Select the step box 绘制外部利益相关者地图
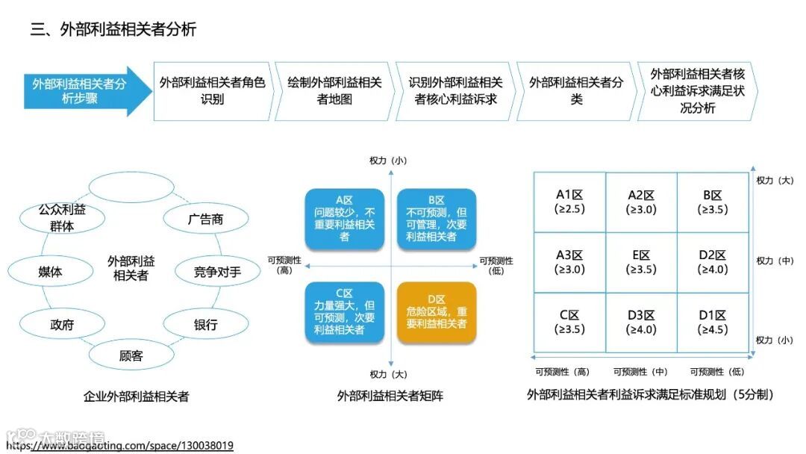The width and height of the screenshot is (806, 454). (334, 91)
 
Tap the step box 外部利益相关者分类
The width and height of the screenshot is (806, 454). (576, 91)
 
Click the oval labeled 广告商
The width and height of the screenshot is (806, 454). (205, 220)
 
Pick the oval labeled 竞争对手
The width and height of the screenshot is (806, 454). (217, 272)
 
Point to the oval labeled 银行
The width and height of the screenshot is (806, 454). (205, 325)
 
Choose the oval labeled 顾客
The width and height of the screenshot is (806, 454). (131, 355)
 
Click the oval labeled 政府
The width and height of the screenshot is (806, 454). (62, 325)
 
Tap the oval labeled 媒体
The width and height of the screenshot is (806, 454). (50, 272)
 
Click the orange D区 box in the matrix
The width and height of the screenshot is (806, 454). (437, 313)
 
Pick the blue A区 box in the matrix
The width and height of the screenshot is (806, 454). (345, 219)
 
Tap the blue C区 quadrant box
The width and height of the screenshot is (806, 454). (345, 313)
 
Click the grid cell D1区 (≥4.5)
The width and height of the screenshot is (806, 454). (713, 323)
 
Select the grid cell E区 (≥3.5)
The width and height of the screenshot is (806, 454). (641, 262)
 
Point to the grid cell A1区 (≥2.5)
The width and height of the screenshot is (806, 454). (569, 202)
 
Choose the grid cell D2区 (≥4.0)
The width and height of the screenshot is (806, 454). (713, 262)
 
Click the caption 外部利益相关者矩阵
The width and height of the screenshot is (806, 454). (390, 396)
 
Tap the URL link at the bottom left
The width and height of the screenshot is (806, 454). (119, 446)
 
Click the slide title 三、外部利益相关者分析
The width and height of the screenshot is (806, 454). (113, 30)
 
